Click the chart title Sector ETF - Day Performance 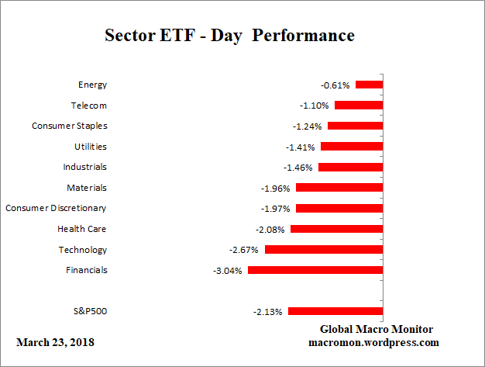click(229, 36)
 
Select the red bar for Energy click(369, 85)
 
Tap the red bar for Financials click(315, 270)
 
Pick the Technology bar click(324, 250)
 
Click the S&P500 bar click(335, 311)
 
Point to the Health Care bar click(336, 229)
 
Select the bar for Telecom click(358, 105)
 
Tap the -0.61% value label click(335, 85)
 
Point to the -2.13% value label click(268, 312)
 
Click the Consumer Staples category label click(69, 126)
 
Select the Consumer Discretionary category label click(56, 208)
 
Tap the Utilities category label click(89, 146)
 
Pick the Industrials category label click(84, 167)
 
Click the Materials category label click(87, 188)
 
